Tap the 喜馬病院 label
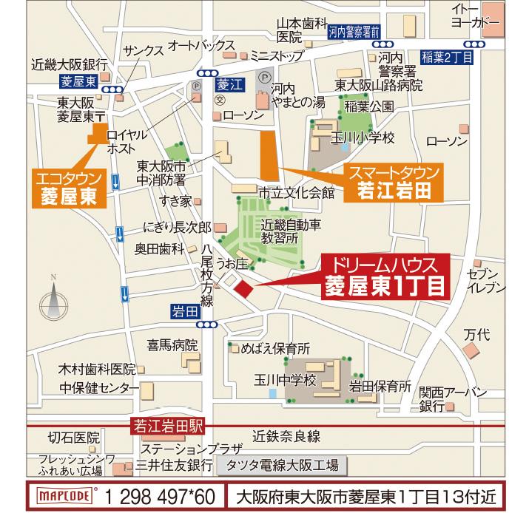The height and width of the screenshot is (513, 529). point(172,345)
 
